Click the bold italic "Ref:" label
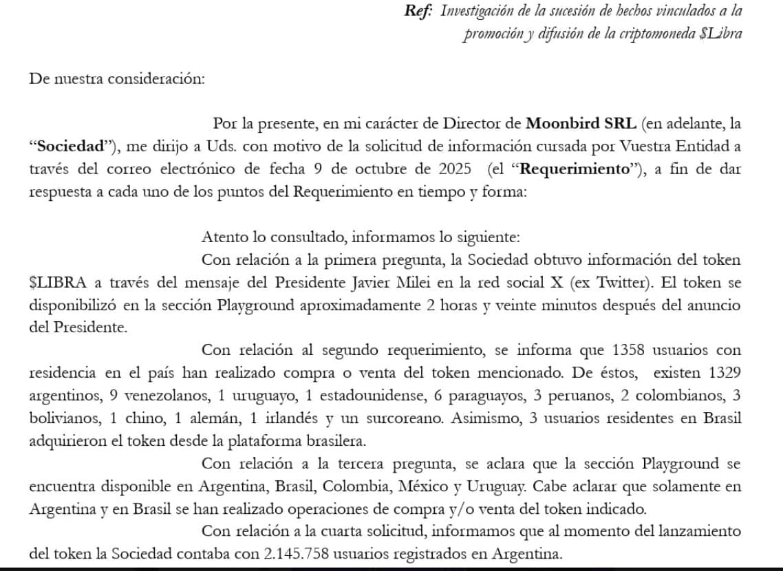point(417,11)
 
